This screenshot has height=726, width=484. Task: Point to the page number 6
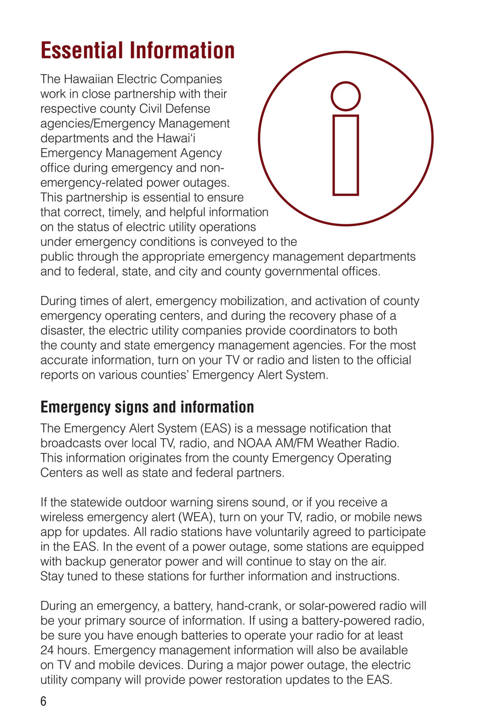click(x=43, y=701)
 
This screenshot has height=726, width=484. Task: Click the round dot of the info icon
click(x=346, y=96)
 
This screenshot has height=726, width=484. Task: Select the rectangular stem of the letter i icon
click(x=346, y=156)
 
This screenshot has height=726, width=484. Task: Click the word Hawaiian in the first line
click(x=88, y=79)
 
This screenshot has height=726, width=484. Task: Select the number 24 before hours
click(x=47, y=650)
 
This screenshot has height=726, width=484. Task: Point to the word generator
click(x=150, y=562)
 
